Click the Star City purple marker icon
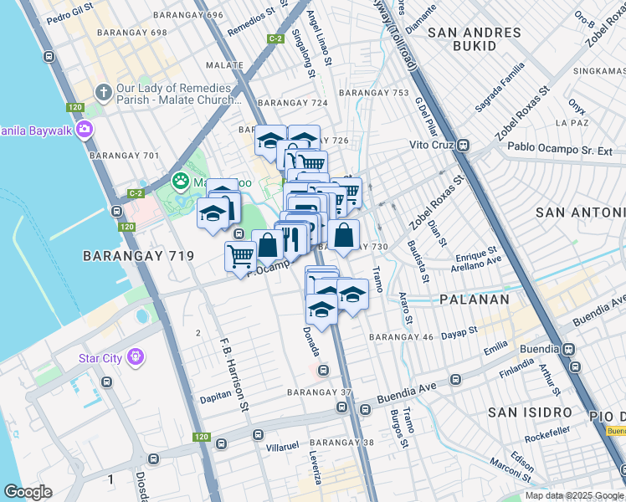(136, 358)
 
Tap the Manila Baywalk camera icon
(84, 130)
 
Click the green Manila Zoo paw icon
(180, 180)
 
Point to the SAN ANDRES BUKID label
(474, 39)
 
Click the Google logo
(28, 492)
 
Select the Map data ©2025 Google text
(574, 495)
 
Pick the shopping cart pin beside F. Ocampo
(241, 254)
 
